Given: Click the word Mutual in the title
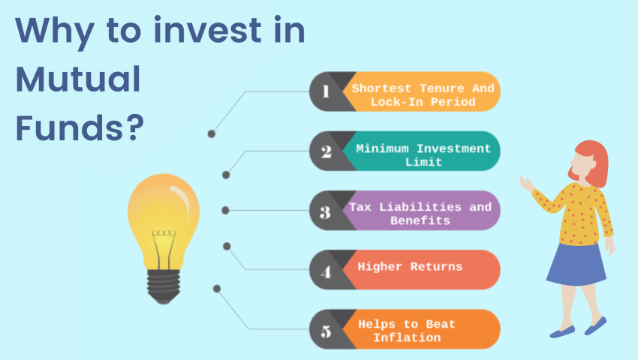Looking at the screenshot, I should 78,80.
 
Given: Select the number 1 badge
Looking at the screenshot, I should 326,91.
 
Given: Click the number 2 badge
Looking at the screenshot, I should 326,151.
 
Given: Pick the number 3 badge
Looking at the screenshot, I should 326,211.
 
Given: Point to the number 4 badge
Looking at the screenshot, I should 326,271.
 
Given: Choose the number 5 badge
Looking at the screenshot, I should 326,329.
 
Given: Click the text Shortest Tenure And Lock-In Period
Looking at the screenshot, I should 423,94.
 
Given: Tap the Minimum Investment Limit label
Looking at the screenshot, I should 423,154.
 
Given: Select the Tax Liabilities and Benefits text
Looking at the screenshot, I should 420,214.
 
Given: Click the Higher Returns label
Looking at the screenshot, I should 410,266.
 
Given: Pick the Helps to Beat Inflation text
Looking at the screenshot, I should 406,331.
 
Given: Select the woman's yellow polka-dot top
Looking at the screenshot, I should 582,214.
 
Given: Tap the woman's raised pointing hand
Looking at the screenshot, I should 526,182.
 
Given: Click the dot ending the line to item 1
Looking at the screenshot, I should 212,133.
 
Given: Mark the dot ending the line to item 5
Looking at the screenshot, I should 217,288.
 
